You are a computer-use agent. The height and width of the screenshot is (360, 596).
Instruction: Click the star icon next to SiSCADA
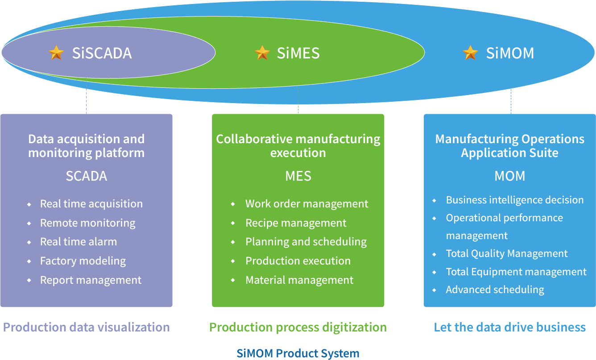click(57, 53)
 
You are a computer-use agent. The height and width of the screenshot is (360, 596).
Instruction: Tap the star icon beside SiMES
click(262, 53)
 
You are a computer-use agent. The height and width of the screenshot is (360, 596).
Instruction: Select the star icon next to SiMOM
click(470, 53)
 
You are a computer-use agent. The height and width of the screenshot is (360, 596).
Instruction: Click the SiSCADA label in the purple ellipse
click(102, 53)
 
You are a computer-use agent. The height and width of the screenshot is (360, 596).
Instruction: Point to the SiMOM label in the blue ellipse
click(510, 53)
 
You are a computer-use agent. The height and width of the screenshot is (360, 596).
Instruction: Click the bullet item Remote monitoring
click(87, 223)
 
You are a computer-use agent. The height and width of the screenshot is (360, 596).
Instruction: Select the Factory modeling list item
click(83, 261)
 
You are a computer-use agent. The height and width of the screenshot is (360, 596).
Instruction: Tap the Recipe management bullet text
click(296, 223)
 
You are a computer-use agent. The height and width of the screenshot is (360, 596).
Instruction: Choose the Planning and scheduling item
click(306, 242)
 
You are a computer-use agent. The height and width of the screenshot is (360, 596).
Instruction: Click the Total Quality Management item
click(507, 254)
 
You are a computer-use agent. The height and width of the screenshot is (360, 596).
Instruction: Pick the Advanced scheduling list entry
click(495, 290)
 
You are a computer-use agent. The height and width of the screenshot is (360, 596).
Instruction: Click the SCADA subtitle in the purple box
click(87, 176)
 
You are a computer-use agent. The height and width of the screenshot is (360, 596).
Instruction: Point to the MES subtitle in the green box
click(298, 176)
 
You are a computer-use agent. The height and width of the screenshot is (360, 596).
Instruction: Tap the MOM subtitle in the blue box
click(510, 176)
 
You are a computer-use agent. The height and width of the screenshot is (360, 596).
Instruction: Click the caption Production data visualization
click(87, 327)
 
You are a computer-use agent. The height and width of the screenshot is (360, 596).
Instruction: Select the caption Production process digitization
click(298, 327)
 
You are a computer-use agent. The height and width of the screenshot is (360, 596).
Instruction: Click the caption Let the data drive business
click(510, 327)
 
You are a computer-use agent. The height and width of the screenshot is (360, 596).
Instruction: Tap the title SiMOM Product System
click(298, 353)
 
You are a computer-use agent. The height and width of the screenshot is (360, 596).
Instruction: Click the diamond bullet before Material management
click(233, 280)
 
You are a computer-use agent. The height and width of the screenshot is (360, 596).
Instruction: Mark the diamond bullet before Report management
click(29, 280)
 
